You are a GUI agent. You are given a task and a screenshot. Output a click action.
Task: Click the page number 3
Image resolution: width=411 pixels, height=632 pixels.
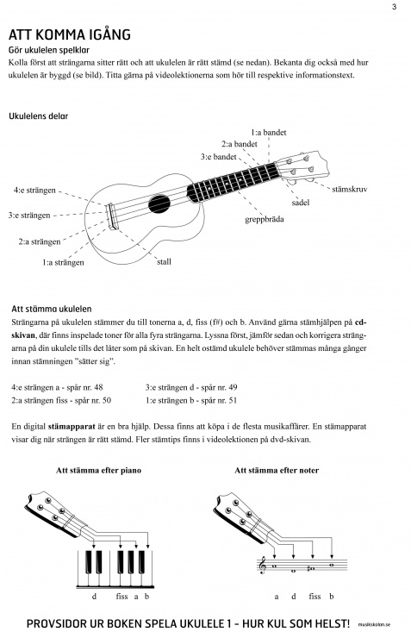[x=394, y=6]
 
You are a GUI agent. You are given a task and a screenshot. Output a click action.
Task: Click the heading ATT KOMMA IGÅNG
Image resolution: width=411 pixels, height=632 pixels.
[x=70, y=34]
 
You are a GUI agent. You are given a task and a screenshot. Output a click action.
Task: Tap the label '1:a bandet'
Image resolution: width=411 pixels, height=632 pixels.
[x=268, y=132]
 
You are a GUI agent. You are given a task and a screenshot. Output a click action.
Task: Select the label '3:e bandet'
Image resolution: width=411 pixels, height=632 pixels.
[x=218, y=156]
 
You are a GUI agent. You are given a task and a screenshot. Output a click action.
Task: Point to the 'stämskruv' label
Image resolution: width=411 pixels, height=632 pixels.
[x=349, y=189]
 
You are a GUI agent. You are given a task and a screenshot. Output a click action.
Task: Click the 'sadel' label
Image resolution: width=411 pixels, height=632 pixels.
[x=300, y=203]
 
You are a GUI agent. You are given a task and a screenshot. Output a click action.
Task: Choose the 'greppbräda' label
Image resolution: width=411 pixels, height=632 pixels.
[x=265, y=219]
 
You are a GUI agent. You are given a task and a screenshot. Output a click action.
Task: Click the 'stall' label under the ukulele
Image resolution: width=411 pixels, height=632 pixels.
[x=164, y=261]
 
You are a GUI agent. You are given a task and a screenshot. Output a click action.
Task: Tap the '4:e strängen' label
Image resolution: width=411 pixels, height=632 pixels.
[x=34, y=191]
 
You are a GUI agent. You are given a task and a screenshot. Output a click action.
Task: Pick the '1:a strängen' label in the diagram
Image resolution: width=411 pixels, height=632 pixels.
[x=63, y=262]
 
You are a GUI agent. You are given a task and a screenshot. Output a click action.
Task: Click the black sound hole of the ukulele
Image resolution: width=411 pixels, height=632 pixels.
[x=159, y=204]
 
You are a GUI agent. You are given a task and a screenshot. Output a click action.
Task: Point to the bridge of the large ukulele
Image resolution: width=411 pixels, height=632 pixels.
[x=112, y=216]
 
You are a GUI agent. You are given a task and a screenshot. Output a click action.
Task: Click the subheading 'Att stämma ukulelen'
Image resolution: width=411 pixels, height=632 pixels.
[x=52, y=310]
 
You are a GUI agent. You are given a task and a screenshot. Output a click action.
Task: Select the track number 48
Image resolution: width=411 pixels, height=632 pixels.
[x=98, y=387]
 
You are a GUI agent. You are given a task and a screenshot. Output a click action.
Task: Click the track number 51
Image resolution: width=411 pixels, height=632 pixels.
[x=233, y=400]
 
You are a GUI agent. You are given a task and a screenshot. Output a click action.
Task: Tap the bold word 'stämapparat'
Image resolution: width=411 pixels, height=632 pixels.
[x=72, y=427]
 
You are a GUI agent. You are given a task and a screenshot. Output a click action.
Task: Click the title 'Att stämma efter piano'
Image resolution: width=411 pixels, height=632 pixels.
[x=99, y=471]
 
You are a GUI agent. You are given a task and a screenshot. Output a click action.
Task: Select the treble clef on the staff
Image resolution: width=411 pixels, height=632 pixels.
[x=264, y=565]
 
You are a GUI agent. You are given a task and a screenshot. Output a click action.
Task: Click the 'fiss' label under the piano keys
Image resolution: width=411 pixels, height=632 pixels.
[x=121, y=596]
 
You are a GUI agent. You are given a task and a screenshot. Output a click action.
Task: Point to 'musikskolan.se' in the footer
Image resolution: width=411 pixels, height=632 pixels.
[x=374, y=625]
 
